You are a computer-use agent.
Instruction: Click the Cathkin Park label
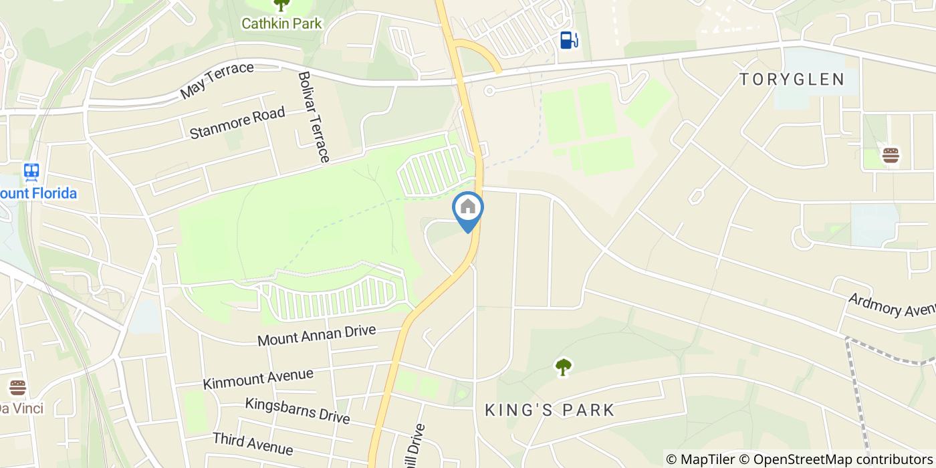pos(281,23)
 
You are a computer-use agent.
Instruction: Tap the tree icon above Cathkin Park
pos(281,5)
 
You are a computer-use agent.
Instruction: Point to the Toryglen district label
pos(792,80)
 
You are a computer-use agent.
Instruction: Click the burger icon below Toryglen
pos(891,156)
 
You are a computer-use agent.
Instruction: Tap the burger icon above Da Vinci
pos(17,387)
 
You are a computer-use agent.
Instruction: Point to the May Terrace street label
pos(217,81)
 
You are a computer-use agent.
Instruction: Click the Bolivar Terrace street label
pos(314,117)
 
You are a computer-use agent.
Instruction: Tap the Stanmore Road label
pos(237,123)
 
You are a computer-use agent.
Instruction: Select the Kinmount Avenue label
pos(258,379)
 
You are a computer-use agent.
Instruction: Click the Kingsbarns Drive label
pos(297,411)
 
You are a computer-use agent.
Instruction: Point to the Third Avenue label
pos(252,443)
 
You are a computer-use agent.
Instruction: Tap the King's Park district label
pos(550,410)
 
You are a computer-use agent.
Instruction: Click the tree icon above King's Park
pos(564,366)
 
